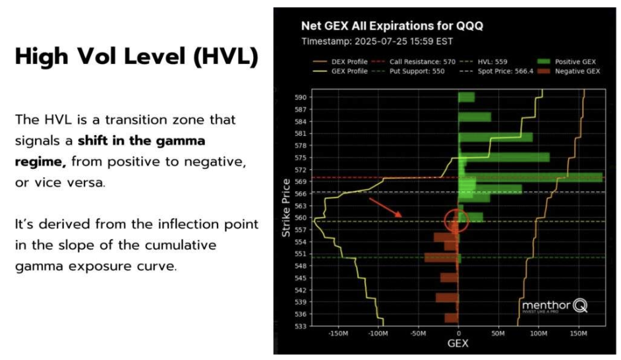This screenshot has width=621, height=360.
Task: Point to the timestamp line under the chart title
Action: (378, 41)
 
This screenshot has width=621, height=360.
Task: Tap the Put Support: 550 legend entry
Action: (405, 71)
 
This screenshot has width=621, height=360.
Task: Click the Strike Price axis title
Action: (287, 208)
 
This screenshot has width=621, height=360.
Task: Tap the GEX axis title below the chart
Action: (459, 345)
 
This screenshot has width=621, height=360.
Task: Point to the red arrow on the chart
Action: (386, 207)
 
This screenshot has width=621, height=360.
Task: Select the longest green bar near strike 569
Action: (531, 177)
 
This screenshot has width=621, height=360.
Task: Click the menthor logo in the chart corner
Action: (554, 306)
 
